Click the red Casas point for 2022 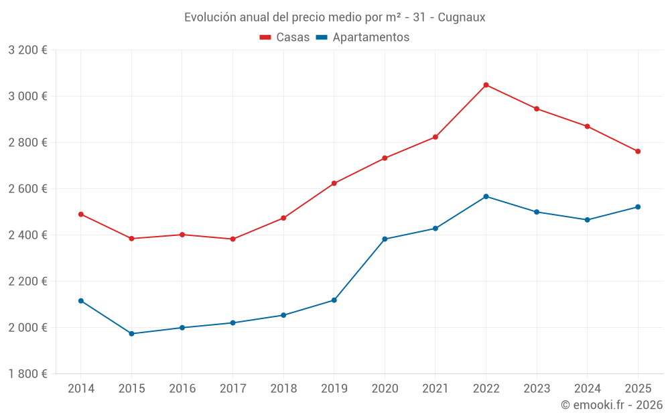[486, 85]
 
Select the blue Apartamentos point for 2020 [385, 239]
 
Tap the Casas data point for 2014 [81, 215]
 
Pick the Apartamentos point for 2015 [131, 334]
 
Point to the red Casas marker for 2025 [638, 152]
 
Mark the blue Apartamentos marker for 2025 [638, 207]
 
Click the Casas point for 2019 [334, 183]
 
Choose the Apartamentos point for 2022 [486, 196]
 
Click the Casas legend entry [285, 38]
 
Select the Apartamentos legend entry [362, 38]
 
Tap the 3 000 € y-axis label [27, 96]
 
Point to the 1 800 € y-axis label [27, 374]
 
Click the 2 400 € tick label [27, 235]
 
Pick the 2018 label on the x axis [283, 389]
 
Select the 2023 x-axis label [537, 389]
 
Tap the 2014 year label [81, 389]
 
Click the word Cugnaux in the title [462, 17]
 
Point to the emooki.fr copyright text [612, 405]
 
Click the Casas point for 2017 [232, 239]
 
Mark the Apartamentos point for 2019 [334, 300]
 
